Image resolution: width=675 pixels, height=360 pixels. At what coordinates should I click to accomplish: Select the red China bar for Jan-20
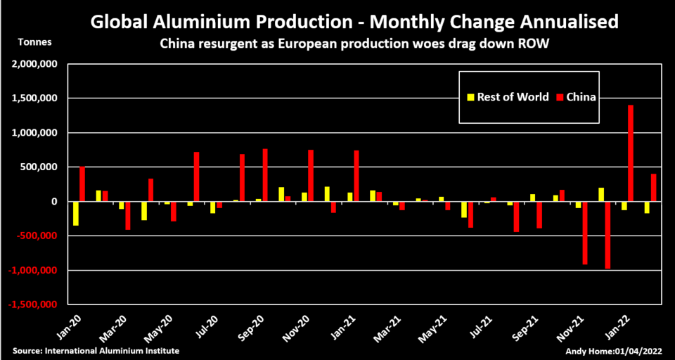click(82, 184)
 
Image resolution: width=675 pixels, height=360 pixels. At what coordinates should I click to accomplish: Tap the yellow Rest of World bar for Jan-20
click(75, 214)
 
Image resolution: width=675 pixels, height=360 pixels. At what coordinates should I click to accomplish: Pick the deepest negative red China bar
click(607, 235)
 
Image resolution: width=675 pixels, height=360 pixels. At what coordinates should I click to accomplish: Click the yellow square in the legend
click(470, 97)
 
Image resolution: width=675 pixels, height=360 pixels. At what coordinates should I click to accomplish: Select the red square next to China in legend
click(560, 97)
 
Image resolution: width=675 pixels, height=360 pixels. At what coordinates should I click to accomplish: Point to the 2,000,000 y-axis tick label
click(33, 64)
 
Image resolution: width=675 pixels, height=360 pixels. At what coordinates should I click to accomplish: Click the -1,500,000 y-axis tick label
click(32, 305)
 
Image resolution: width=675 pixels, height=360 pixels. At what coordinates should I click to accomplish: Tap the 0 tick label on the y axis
click(53, 202)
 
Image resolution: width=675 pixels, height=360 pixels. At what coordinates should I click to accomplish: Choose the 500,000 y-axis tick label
click(38, 167)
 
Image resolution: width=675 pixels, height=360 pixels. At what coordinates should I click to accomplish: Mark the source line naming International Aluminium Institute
click(96, 350)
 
